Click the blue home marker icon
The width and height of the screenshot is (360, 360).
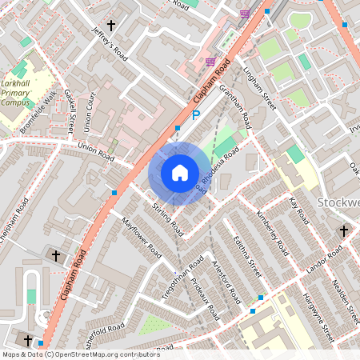pyautogui.click(x=179, y=173)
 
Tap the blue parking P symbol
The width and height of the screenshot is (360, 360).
pyautogui.click(x=195, y=116)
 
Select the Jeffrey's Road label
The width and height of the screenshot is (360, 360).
pyautogui.click(x=110, y=43)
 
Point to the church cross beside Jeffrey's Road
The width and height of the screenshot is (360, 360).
pyautogui.click(x=111, y=26)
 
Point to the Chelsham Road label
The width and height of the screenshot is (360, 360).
pyautogui.click(x=16, y=219)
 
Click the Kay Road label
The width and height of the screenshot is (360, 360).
pyautogui.click(x=299, y=210)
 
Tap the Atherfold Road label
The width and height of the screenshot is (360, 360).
pyautogui.click(x=104, y=330)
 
